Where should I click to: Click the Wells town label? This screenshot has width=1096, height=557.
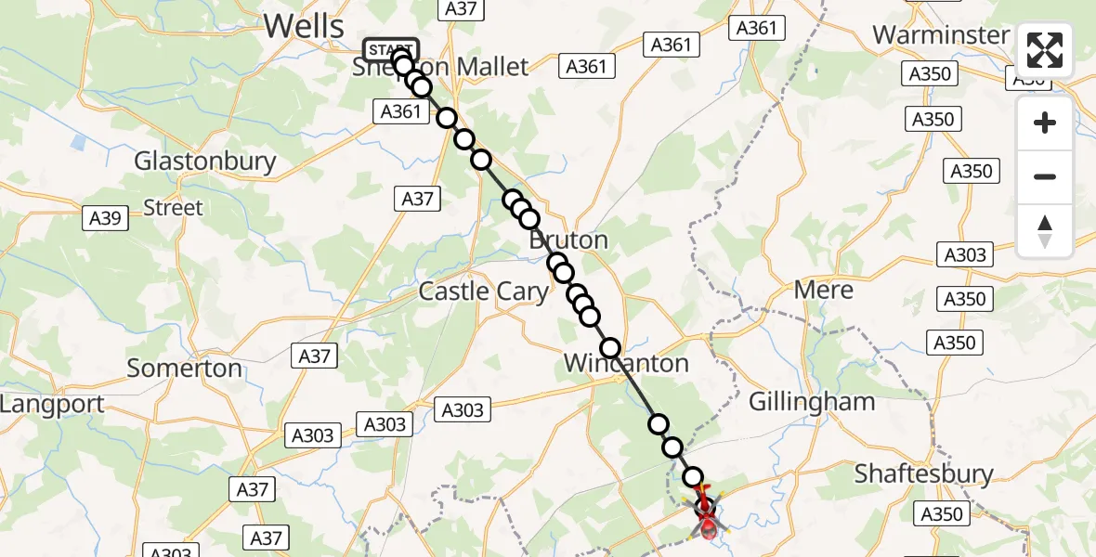(x=304, y=26)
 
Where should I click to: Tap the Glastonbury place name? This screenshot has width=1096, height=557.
(x=205, y=161)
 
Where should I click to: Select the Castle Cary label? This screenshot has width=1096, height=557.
(x=483, y=291)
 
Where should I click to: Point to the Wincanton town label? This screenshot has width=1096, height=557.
(x=626, y=363)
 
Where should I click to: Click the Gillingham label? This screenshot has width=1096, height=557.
(x=812, y=401)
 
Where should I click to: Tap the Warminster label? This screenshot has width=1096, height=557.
(x=941, y=35)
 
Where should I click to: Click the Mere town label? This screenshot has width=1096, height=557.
(x=824, y=290)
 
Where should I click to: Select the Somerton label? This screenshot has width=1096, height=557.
(x=184, y=368)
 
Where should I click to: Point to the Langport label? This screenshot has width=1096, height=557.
(x=52, y=405)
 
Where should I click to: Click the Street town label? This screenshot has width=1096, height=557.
(x=173, y=207)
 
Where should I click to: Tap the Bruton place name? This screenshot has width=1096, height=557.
(x=568, y=240)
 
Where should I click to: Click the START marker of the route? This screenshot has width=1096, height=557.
(x=391, y=50)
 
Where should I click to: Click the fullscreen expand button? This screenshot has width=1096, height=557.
(x=1045, y=50)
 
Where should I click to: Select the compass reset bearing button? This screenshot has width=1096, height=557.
(x=1045, y=231)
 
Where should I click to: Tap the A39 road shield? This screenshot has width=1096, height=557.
(x=103, y=218)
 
